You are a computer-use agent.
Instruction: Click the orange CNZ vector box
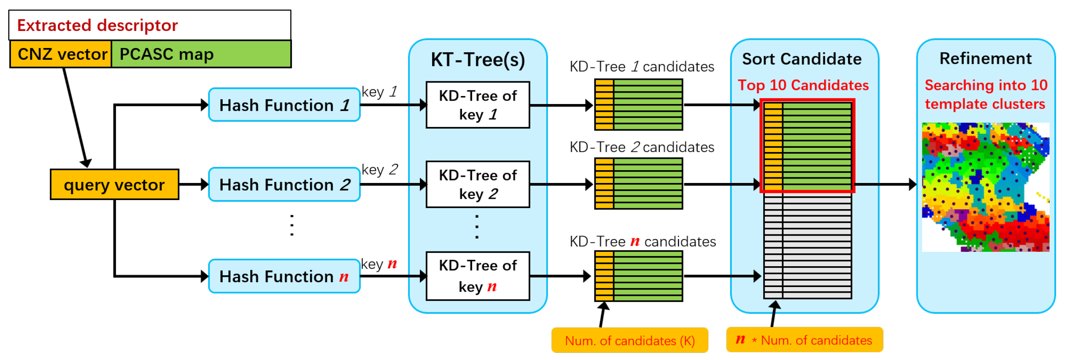tap(61, 54)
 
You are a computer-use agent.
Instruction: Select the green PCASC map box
tap(201, 54)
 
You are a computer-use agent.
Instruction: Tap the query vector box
tap(114, 185)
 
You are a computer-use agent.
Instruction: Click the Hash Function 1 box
tap(284, 105)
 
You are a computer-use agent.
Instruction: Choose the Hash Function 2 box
tap(284, 185)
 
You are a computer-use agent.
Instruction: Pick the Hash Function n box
tap(284, 276)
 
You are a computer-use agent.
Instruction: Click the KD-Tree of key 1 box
tap(477, 105)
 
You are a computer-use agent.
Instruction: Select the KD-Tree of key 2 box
tap(477, 185)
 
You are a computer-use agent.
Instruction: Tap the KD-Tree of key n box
tap(477, 276)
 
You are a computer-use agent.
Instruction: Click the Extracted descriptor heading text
tap(97, 26)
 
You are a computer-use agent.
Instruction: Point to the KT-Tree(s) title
tap(477, 60)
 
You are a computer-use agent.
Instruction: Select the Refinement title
tap(985, 59)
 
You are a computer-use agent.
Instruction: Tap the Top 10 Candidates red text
tap(803, 85)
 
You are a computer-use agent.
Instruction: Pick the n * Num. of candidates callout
tap(804, 340)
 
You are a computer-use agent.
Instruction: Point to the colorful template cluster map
tap(985, 187)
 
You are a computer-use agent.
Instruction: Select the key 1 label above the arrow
tap(379, 92)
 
